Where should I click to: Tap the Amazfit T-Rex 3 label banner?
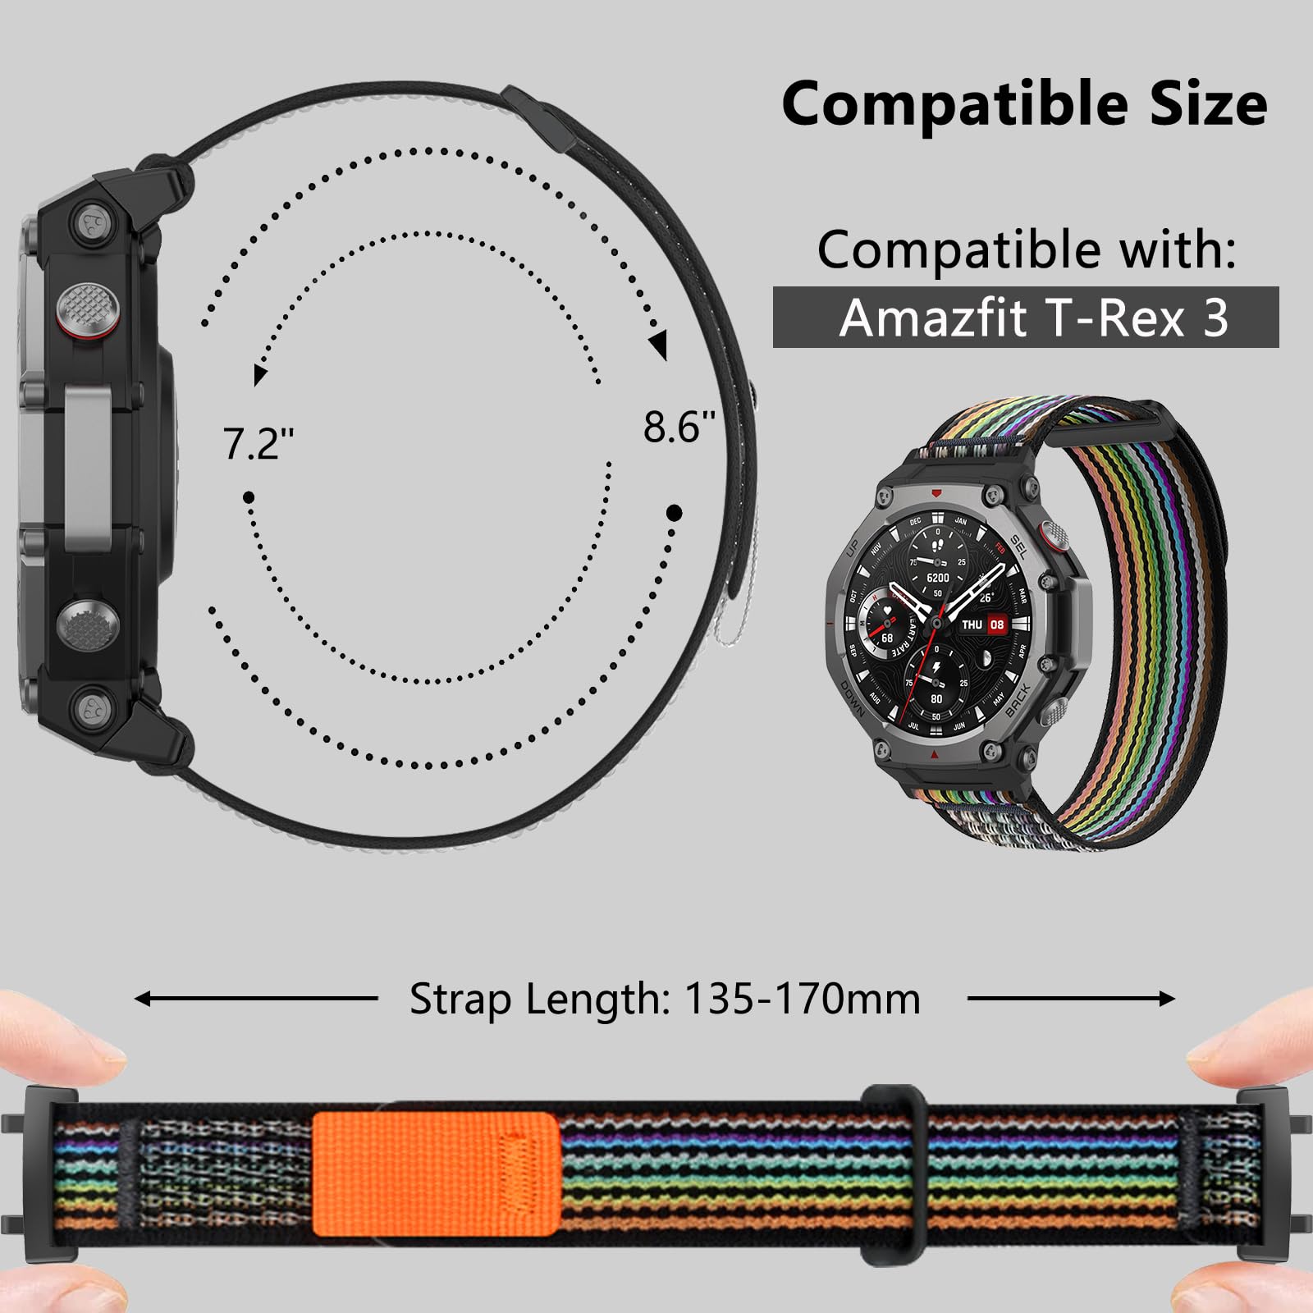point(1026,317)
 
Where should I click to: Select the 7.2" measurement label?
point(258,444)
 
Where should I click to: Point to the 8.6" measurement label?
point(679,427)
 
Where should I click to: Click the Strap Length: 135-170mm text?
point(665,999)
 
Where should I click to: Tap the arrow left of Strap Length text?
point(254,999)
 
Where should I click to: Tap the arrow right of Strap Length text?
point(1071,999)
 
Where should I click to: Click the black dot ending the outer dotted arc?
point(674,514)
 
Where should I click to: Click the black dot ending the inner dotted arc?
point(249,497)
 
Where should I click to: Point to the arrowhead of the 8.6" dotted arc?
point(659,345)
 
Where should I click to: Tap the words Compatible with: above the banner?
point(1026,249)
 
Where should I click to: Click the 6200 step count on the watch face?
point(937,578)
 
